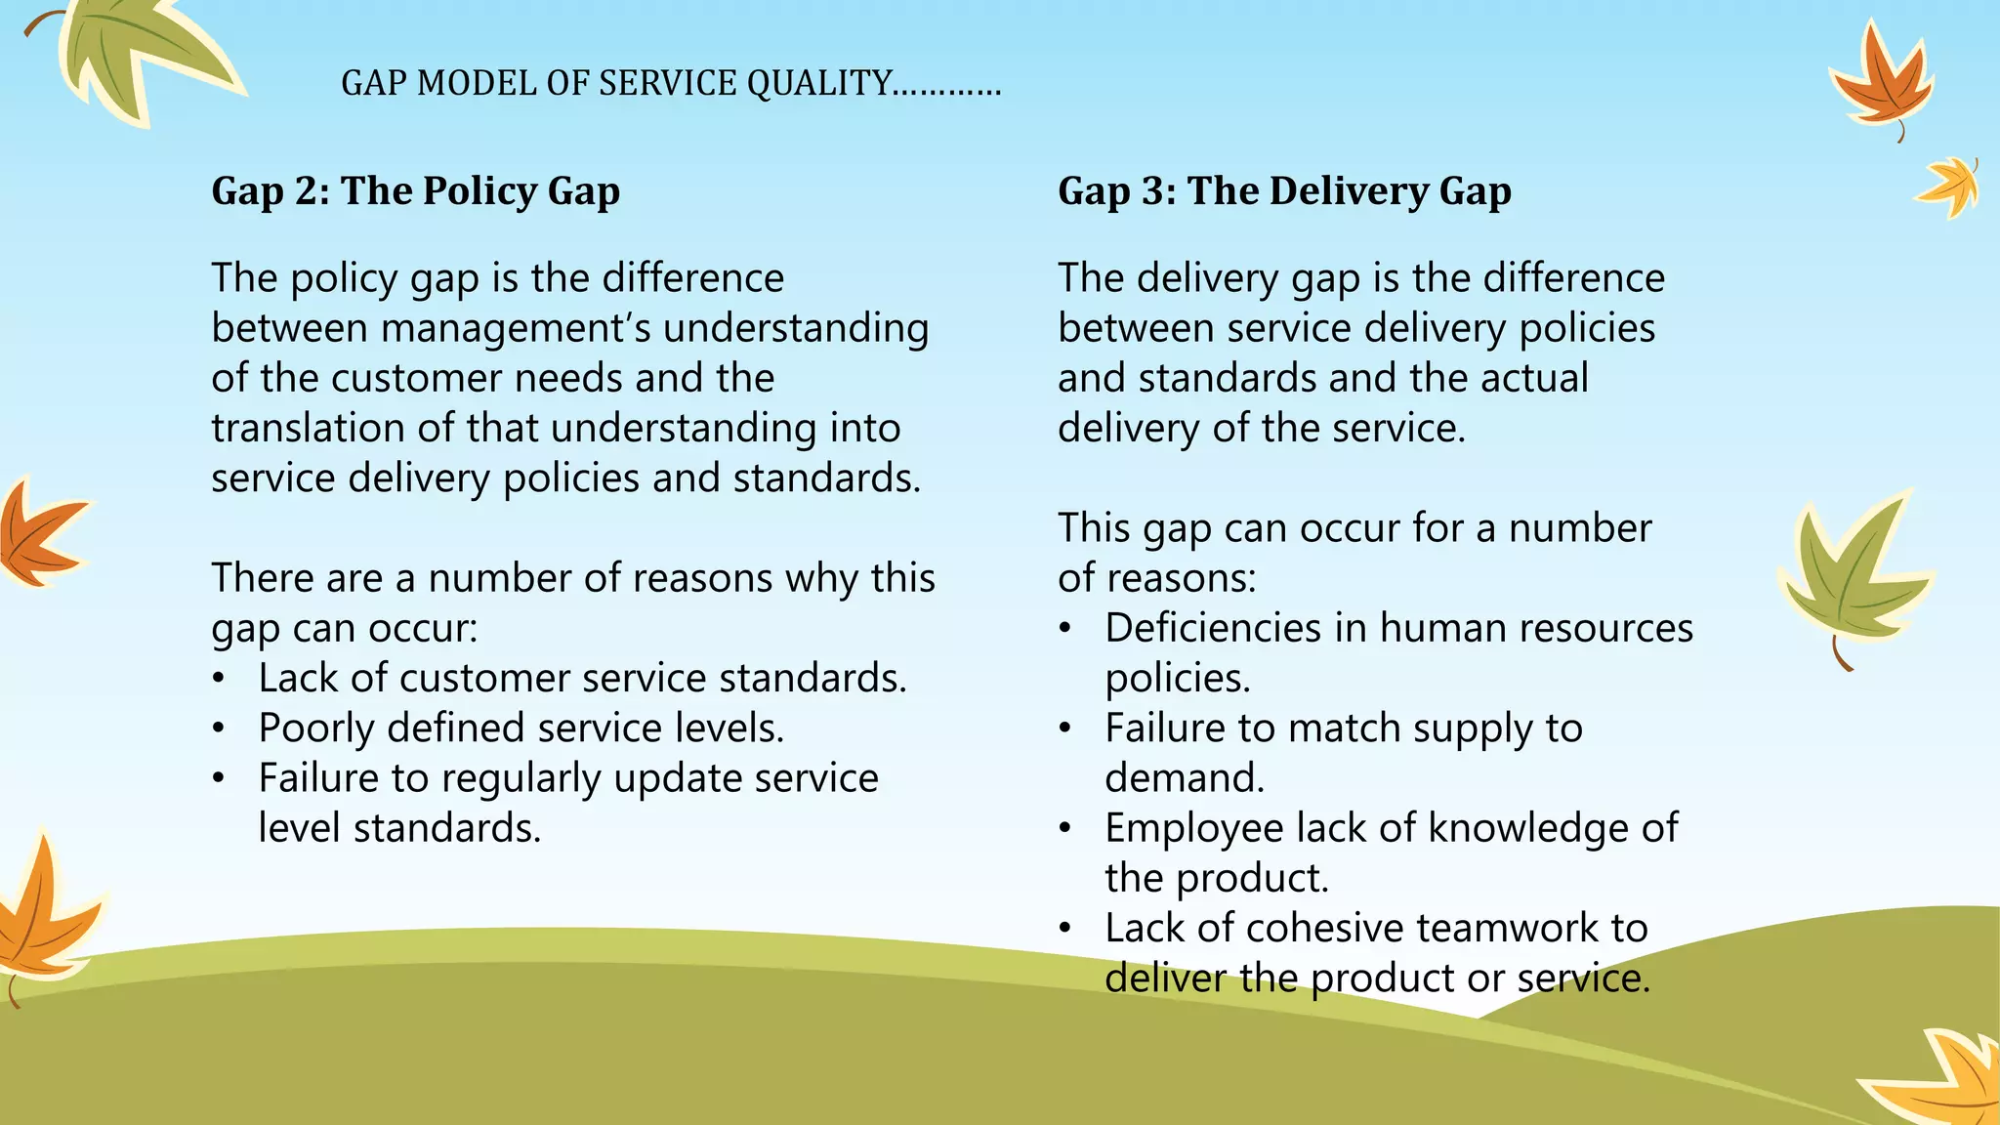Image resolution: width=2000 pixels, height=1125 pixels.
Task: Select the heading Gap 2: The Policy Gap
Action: pos(415,190)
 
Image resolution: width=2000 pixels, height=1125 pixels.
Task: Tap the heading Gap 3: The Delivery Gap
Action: pos(1284,190)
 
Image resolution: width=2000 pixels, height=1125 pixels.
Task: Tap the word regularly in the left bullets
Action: pos(521,779)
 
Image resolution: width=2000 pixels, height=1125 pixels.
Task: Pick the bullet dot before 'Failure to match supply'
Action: pos(1066,729)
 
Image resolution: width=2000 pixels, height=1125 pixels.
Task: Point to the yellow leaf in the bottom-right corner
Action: pos(1943,1079)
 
